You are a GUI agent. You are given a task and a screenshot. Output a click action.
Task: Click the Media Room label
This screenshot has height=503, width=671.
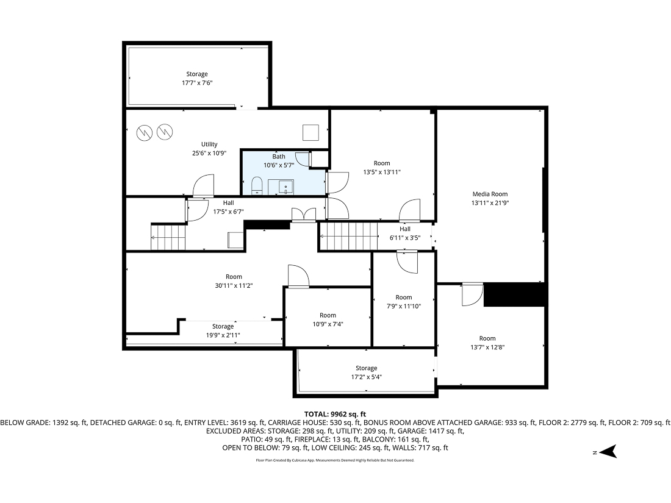489,194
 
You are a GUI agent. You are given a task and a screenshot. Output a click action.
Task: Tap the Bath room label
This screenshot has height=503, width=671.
279,157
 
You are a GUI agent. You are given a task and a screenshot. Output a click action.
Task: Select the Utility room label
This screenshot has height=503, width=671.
209,144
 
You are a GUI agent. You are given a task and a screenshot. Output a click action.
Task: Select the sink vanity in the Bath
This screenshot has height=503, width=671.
285,187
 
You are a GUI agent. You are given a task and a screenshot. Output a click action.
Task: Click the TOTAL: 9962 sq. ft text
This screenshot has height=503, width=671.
335,414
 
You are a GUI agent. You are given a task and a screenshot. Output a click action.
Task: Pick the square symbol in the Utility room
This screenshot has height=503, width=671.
311,132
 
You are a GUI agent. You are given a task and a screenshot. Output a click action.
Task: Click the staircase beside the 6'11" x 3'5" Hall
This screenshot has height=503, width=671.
349,237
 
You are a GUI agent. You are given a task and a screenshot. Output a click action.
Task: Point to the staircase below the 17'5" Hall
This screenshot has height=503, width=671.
168,237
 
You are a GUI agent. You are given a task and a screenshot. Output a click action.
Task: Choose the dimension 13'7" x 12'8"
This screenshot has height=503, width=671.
487,347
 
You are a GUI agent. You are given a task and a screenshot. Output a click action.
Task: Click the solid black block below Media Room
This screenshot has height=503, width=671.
513,294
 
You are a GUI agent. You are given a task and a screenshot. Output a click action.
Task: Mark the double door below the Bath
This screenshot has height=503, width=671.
303,214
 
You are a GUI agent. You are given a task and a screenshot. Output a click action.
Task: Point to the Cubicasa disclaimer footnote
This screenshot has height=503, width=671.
335,460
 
